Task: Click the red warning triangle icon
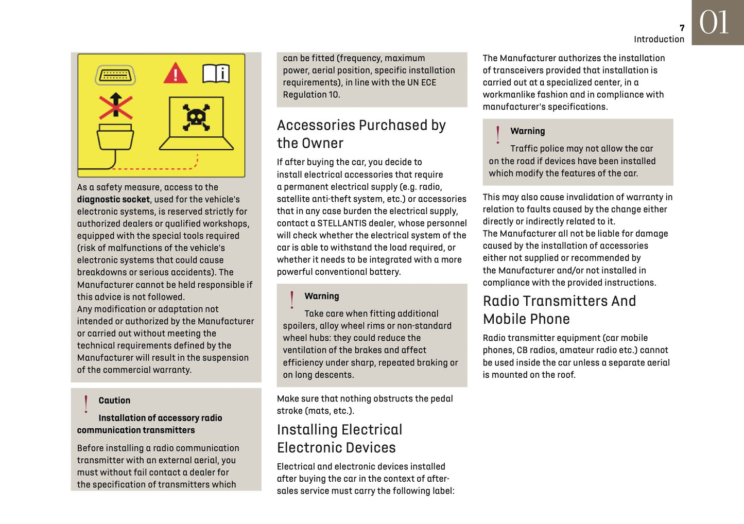coord(175,73)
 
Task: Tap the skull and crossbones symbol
coord(196,117)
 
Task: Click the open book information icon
coord(216,74)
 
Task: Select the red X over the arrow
coord(116,106)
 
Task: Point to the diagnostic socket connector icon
coord(115,75)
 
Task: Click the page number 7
coord(682,28)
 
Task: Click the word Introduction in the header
coord(659,39)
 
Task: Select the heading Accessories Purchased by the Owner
coord(361,134)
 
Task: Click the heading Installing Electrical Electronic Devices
coord(339,439)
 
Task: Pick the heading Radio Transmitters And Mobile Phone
coord(559,310)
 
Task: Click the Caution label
coord(114,400)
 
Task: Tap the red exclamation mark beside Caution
coord(86,404)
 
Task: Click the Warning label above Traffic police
coord(527,131)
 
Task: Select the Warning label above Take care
coord(322,296)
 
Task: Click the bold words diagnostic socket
coord(113,200)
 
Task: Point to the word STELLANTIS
coord(348,223)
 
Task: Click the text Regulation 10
coord(311,95)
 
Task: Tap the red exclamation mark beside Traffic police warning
coord(497,135)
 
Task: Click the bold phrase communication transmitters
coord(136,430)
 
